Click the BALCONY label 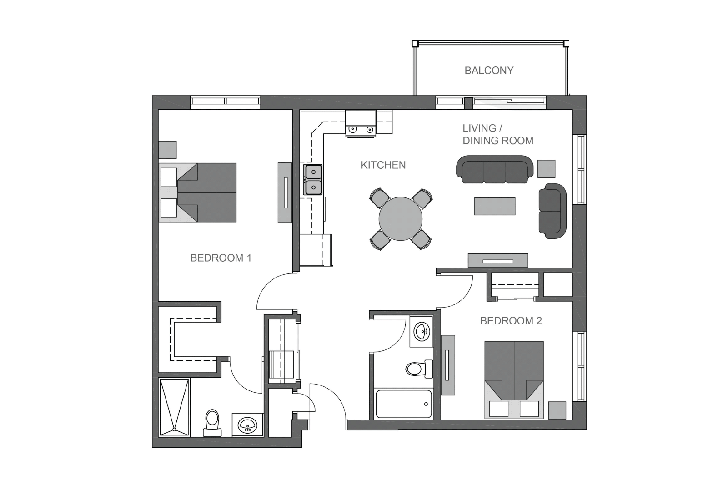(x=489, y=71)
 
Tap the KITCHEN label (x=383, y=165)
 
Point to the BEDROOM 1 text (x=221, y=258)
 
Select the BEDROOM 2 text (x=511, y=321)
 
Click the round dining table (x=401, y=219)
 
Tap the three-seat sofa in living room (x=495, y=169)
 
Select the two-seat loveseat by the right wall (x=552, y=211)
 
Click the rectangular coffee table (x=495, y=206)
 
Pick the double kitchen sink (x=313, y=180)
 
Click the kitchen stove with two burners (x=361, y=124)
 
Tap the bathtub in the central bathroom (x=404, y=404)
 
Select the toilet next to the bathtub (x=419, y=369)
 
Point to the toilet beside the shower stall (x=212, y=423)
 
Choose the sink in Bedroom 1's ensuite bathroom (x=247, y=425)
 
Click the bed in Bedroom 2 (x=514, y=380)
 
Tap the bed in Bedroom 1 (x=198, y=192)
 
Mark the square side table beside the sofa (x=546, y=169)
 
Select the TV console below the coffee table (x=498, y=261)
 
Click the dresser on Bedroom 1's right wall (x=285, y=192)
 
